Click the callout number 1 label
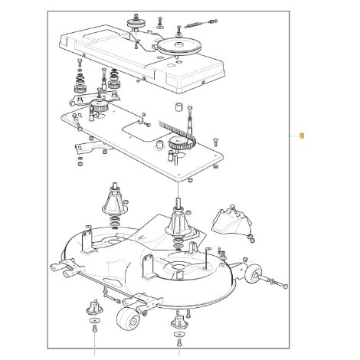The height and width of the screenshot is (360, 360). (302, 136)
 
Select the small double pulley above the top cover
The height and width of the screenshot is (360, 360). (134, 23)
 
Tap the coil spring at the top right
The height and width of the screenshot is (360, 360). (195, 25)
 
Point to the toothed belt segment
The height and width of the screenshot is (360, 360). (178, 133)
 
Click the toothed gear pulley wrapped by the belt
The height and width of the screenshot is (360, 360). (178, 144)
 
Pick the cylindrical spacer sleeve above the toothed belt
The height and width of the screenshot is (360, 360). (178, 106)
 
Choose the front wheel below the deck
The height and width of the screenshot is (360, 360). (128, 319)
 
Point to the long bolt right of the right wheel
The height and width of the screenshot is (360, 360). (277, 282)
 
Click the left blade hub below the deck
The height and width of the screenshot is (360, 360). (94, 307)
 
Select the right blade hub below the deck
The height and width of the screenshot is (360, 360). (179, 322)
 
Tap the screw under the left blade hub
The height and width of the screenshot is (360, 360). (94, 329)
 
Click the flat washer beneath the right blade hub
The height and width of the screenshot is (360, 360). (179, 334)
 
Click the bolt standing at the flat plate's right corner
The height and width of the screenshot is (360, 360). (216, 142)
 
